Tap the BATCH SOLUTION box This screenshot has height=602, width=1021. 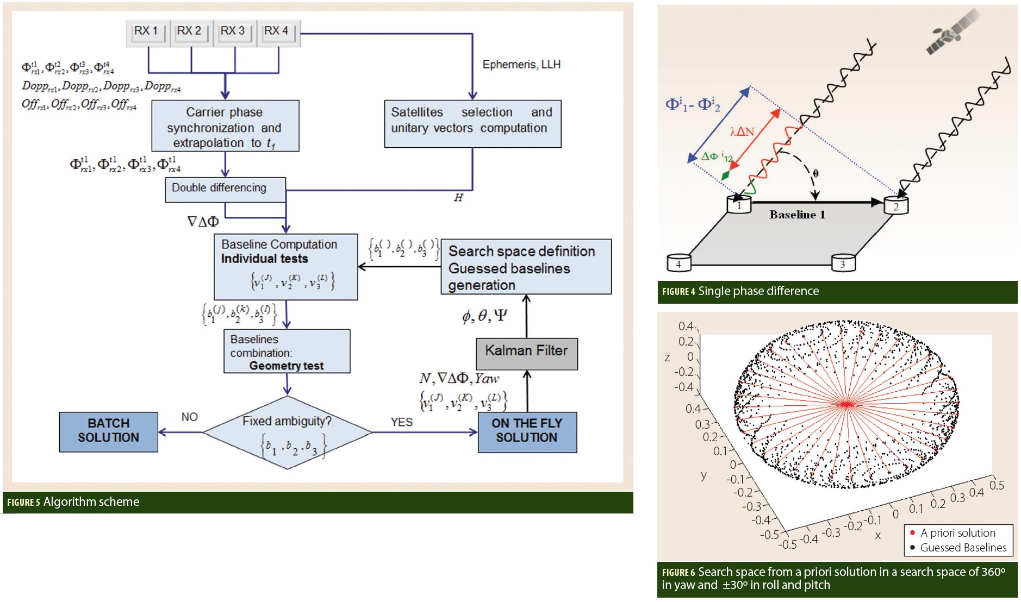click(109, 431)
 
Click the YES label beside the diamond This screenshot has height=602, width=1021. click(401, 422)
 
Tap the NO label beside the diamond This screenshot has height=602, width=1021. click(189, 417)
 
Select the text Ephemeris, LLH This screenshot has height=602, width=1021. click(521, 65)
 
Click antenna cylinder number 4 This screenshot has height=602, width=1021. click(678, 263)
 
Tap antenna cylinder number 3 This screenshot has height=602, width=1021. click(843, 263)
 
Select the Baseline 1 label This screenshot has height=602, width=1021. click(797, 215)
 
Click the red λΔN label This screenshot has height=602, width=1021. click(742, 131)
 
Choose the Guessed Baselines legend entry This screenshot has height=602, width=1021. click(962, 548)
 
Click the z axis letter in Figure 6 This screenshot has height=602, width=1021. click(667, 358)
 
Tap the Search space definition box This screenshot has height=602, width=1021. click(526, 267)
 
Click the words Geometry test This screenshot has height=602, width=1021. click(286, 366)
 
